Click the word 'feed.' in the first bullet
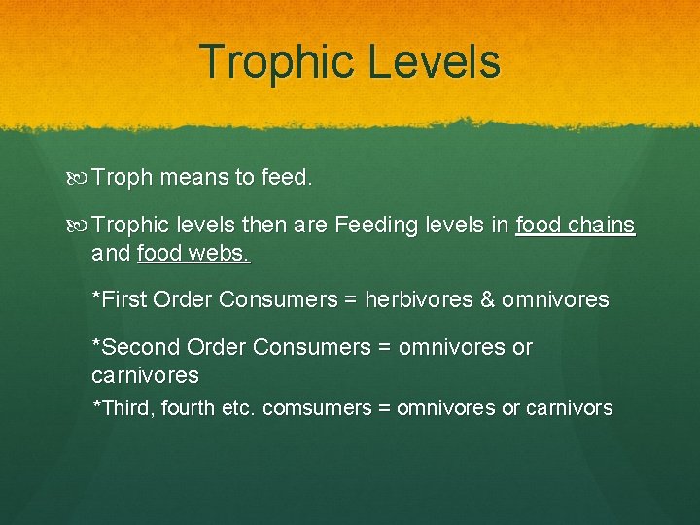tap(287, 178)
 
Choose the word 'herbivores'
tap(418, 299)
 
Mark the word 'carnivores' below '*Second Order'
tap(145, 375)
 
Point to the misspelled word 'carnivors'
tap(569, 408)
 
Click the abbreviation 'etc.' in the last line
tap(236, 408)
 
